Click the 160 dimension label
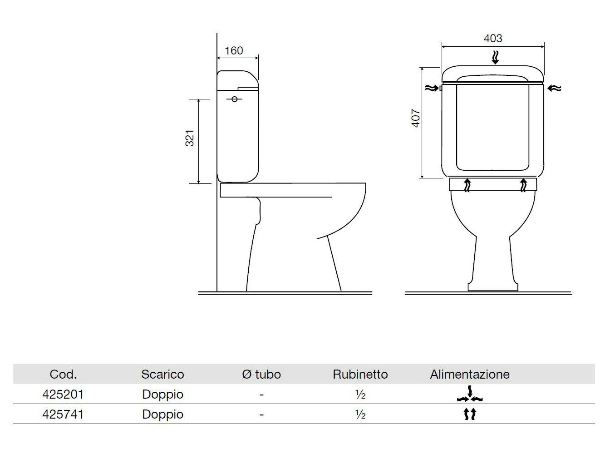pos(234,50)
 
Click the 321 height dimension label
pos(190,138)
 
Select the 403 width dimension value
pos(492,38)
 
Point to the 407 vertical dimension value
pos(416,118)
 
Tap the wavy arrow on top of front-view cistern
pos(495,58)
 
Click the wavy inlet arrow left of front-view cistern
pos(430,88)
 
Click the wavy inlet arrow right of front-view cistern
pos(555,88)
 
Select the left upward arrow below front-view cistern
pos(467,185)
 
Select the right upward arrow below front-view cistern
pos(524,185)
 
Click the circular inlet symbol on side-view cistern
pos(235,99)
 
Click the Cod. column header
pos(63,374)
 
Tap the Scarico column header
pos(162,374)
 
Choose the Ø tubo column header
pos(261,374)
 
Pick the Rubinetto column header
pos(360,374)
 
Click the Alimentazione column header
pos(470,374)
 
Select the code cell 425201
pos(63,394)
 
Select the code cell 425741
pos(63,414)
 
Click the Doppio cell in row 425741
pos(162,414)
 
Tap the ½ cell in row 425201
pos(360,395)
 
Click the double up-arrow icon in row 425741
pos(470,414)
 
